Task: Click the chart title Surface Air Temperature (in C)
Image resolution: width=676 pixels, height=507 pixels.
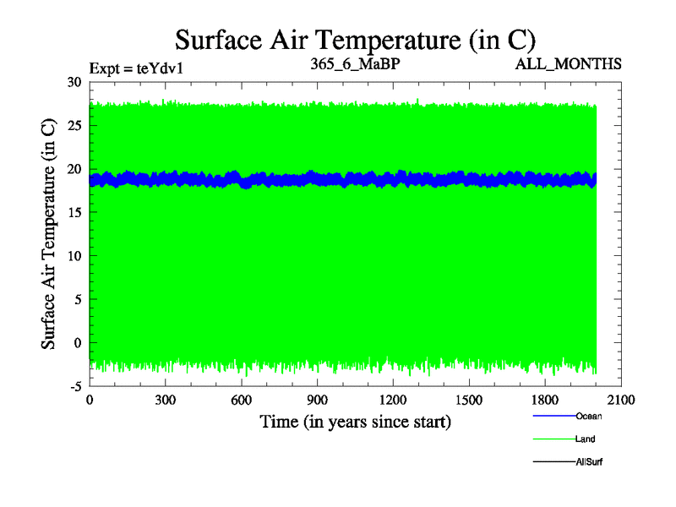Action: pyautogui.click(x=355, y=39)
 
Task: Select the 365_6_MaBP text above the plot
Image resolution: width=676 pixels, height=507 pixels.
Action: pyautogui.click(x=355, y=63)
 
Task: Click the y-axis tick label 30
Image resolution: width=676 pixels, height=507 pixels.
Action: pyautogui.click(x=74, y=82)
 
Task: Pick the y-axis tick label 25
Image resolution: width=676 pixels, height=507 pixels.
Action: pyautogui.click(x=74, y=125)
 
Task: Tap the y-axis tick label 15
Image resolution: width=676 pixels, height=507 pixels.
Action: pyautogui.click(x=74, y=212)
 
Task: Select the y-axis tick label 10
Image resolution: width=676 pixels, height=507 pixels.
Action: pyautogui.click(x=74, y=255)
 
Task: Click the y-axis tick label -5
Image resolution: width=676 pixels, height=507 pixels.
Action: pyautogui.click(x=74, y=386)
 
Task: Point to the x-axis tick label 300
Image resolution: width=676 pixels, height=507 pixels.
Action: pyautogui.click(x=166, y=400)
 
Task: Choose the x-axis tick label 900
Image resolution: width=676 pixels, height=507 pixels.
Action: pyautogui.click(x=317, y=400)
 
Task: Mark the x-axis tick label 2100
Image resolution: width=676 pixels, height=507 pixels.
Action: pyautogui.click(x=621, y=400)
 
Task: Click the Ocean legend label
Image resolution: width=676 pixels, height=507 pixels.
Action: pyautogui.click(x=589, y=416)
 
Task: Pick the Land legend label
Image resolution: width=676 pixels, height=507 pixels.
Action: pyautogui.click(x=586, y=439)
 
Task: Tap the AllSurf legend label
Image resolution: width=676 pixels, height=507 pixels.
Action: pyautogui.click(x=590, y=461)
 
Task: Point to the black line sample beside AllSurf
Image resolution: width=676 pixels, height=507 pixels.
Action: pyautogui.click(x=553, y=461)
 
